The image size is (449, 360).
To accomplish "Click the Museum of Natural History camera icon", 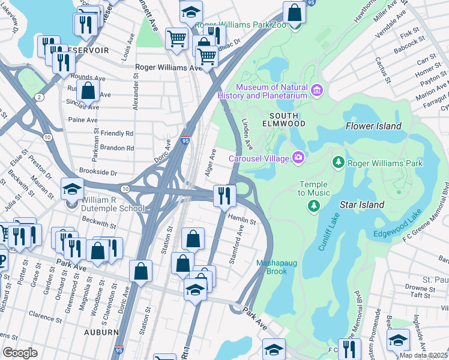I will (x=318, y=92).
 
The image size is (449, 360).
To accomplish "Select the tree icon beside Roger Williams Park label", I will (x=339, y=163).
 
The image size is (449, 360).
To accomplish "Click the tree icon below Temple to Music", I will (x=313, y=206).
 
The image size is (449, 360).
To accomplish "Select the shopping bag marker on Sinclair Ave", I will (x=88, y=92).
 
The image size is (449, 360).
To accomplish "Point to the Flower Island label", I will (x=373, y=126).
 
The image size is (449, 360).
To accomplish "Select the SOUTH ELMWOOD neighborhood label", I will (x=288, y=119).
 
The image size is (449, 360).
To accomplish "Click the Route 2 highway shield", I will (x=40, y=97).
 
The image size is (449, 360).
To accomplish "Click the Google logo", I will (x=20, y=352).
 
